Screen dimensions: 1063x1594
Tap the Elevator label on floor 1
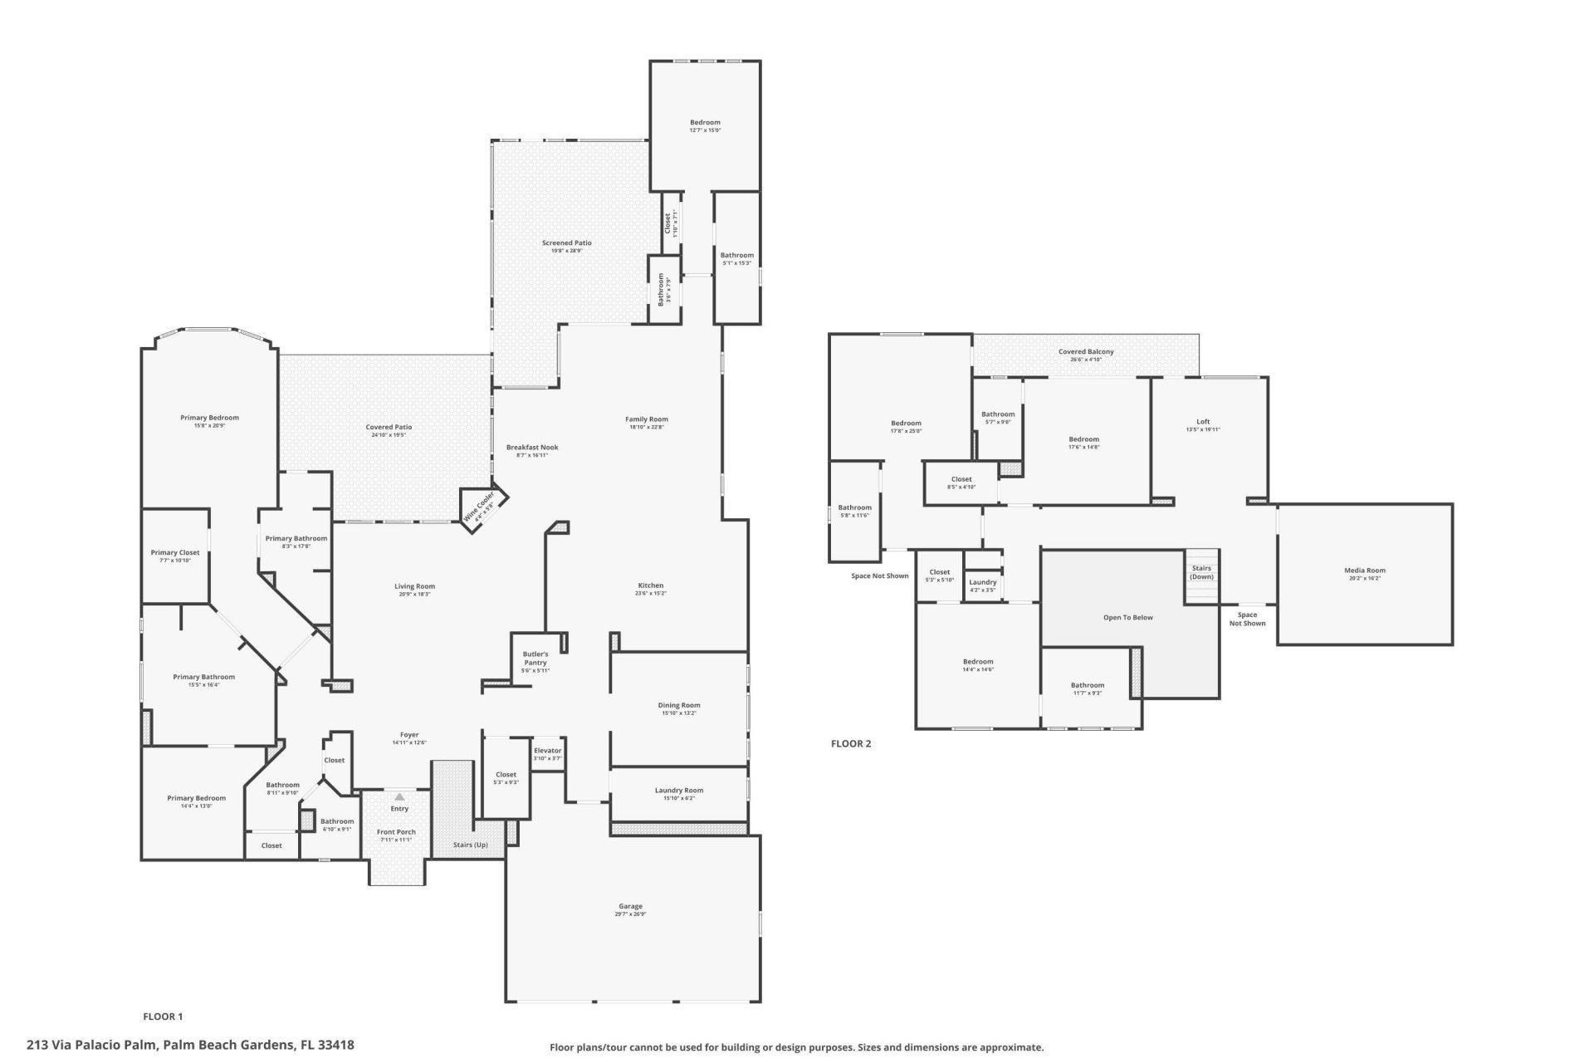tap(548, 751)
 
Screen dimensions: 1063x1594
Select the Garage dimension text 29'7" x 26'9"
tap(630, 914)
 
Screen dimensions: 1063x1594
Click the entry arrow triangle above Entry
tap(399, 796)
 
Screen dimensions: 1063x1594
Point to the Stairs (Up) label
tap(470, 845)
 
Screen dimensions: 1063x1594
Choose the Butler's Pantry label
tap(535, 658)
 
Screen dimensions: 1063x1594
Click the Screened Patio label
tap(567, 242)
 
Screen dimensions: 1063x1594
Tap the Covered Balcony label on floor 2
tap(1086, 351)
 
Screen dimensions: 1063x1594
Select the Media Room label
tap(1365, 571)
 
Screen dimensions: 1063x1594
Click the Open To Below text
tap(1127, 617)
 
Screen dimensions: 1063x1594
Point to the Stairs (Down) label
tap(1201, 572)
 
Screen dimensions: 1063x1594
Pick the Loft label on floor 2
tap(1203, 422)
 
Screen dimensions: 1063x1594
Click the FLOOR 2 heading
tap(851, 743)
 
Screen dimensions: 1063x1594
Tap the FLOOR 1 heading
tap(163, 1016)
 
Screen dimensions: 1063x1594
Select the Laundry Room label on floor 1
tap(679, 791)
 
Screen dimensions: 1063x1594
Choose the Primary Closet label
tap(175, 552)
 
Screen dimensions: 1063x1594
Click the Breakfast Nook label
tap(532, 447)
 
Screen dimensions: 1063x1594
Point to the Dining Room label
tap(679, 705)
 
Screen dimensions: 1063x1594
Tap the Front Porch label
tap(396, 832)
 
